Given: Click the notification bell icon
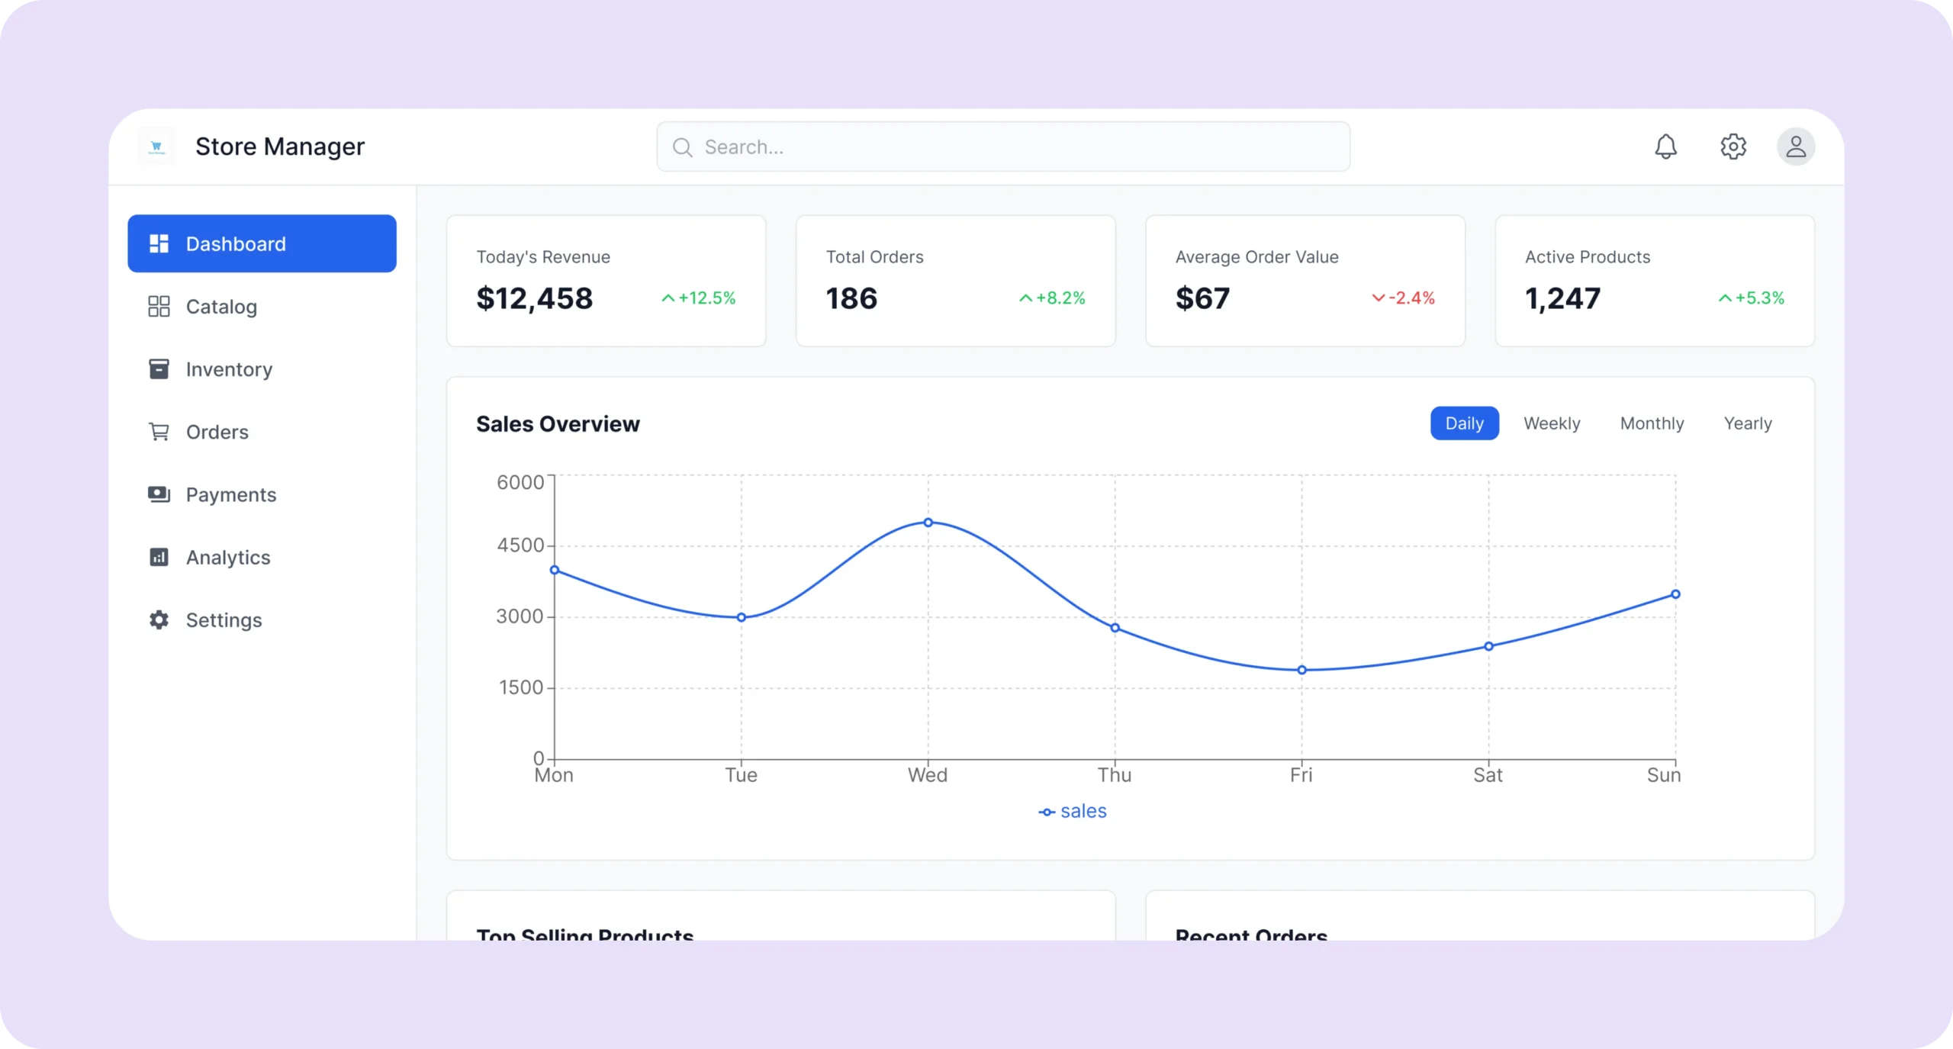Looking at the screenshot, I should [x=1665, y=146].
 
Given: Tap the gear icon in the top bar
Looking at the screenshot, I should [x=1733, y=146].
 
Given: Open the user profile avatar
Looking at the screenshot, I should [x=1796, y=146].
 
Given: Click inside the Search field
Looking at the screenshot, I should [x=1002, y=147].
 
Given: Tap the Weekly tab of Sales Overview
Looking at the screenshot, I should [x=1552, y=423].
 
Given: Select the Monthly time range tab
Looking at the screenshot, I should [x=1652, y=423].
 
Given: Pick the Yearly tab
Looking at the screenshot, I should [x=1748, y=423].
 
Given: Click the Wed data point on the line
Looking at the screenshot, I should [x=928, y=523].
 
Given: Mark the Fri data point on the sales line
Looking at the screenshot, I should [x=1301, y=670].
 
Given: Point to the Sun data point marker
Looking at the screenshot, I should [x=1675, y=594].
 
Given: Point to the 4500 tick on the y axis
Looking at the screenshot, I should [x=520, y=545].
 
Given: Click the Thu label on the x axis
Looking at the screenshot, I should [x=1114, y=775].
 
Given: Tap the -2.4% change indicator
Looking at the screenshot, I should [x=1404, y=298].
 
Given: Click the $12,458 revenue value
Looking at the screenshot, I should [x=534, y=298].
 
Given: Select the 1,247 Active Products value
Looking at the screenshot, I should [x=1562, y=298].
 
